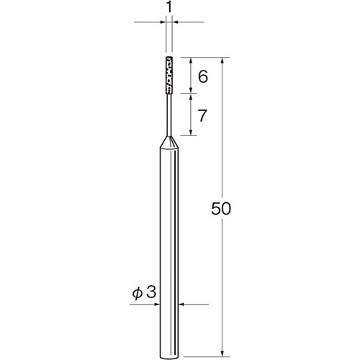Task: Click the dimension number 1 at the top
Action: [x=169, y=8]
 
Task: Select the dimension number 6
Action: [x=203, y=77]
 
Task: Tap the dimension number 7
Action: [x=202, y=115]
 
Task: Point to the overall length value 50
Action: [x=221, y=208]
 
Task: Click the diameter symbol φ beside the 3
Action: [x=138, y=292]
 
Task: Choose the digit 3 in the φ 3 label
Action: [x=151, y=292]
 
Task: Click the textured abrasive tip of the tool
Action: [x=169, y=75]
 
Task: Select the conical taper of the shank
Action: [x=169, y=143]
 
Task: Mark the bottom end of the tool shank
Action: [x=169, y=356]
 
